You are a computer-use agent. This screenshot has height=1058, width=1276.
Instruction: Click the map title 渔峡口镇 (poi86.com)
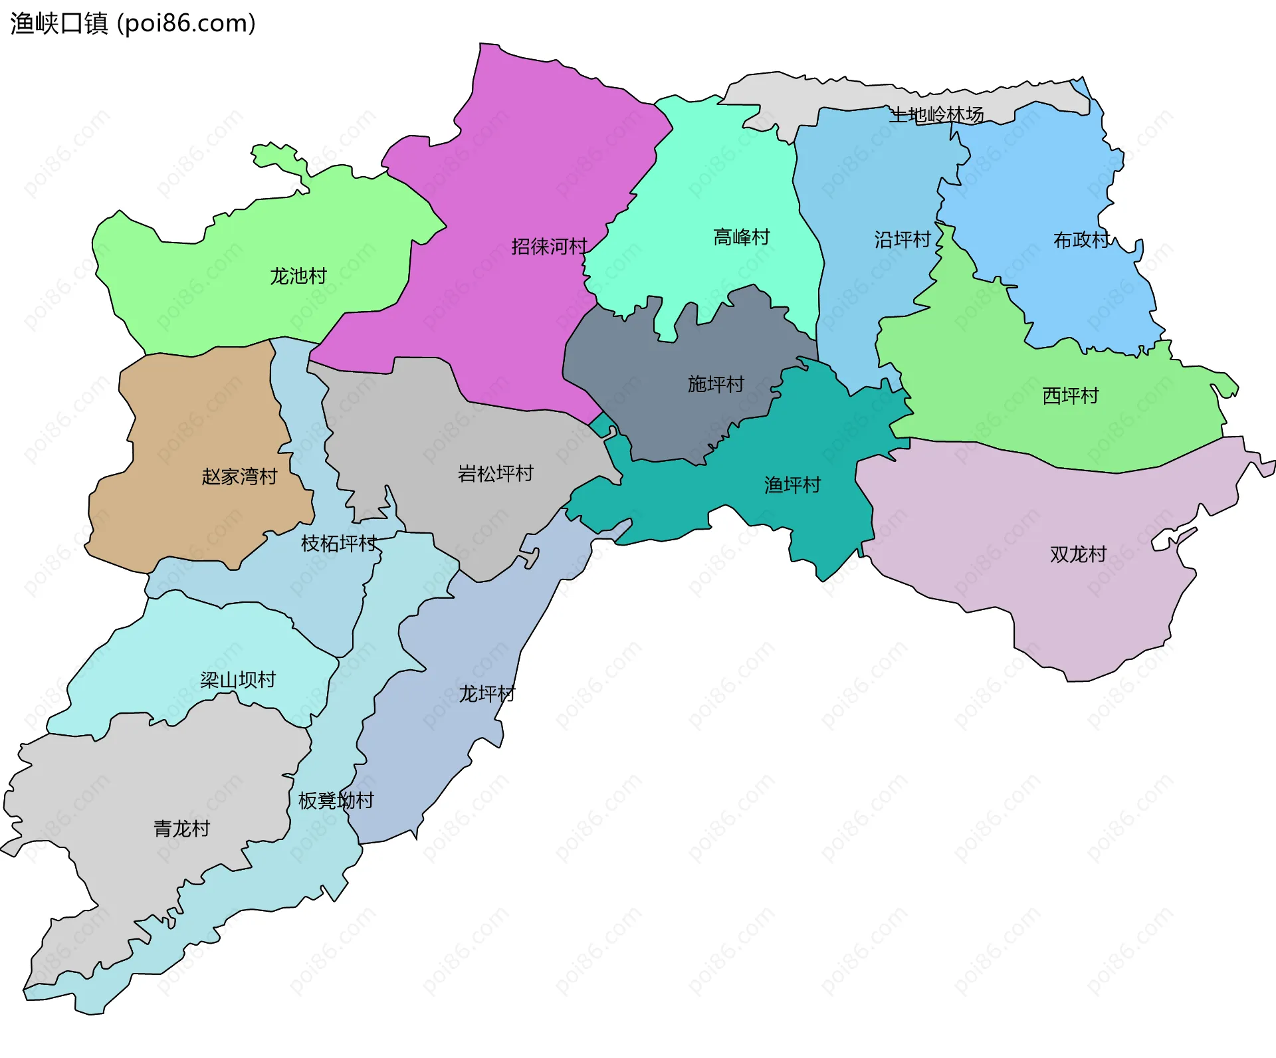point(133,24)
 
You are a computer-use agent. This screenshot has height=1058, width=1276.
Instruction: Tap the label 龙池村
point(298,276)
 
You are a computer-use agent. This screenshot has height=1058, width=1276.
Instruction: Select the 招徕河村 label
point(549,247)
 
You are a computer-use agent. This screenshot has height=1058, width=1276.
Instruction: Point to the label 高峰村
point(741,237)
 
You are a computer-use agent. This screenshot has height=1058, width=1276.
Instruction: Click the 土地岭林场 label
point(937,115)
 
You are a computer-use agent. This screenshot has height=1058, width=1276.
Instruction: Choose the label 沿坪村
point(903,239)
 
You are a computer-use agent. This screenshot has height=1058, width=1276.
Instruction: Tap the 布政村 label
point(1081,240)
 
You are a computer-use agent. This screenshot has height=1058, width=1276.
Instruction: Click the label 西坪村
point(1071,396)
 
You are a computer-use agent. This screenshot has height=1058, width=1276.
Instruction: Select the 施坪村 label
point(716,384)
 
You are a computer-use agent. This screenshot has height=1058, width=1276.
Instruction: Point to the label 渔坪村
point(792,485)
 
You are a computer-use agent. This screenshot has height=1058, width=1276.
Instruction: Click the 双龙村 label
point(1078,554)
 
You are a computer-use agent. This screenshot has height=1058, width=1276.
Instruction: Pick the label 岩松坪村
point(496,474)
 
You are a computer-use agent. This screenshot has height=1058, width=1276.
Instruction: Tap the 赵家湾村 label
point(239,476)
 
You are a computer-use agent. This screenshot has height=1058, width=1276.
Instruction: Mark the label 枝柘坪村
point(339,544)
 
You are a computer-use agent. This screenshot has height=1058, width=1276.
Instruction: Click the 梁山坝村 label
point(238,680)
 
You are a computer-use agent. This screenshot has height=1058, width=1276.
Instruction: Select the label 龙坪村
point(487,694)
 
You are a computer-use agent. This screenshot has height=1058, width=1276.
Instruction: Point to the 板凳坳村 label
point(336,801)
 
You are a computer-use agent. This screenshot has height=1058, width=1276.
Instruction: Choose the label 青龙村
point(181,829)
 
